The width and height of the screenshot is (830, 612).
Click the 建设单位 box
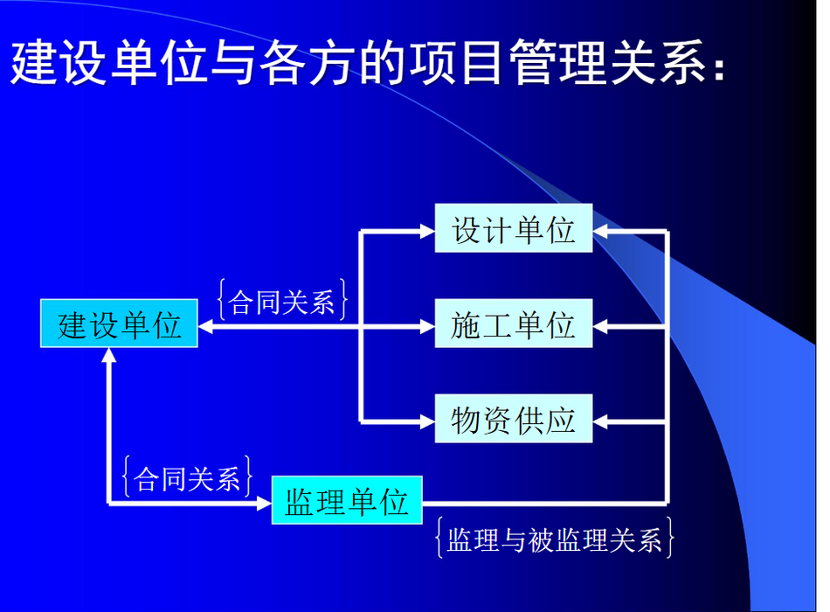tap(119, 323)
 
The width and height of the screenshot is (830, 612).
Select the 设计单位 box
tap(514, 228)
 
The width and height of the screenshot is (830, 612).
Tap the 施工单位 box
tap(514, 323)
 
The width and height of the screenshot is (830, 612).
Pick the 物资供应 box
tap(514, 419)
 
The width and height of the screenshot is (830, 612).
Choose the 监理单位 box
tap(347, 500)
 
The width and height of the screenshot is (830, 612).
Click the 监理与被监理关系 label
tap(554, 539)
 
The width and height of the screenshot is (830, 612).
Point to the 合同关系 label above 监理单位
tap(187, 477)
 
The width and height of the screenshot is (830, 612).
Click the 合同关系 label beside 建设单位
tap(283, 301)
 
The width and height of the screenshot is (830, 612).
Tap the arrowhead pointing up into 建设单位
tap(109, 355)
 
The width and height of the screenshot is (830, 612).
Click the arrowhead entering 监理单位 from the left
tap(264, 503)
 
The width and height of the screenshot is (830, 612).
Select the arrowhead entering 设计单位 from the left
tap(427, 231)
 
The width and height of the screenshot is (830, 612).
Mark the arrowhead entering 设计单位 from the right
tap(600, 231)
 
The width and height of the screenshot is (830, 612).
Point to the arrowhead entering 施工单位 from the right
tap(600, 327)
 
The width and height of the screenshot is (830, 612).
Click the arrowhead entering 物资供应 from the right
tap(600, 421)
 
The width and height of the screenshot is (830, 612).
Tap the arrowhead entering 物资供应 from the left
tap(427, 421)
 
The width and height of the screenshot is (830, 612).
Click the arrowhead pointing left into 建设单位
tap(206, 327)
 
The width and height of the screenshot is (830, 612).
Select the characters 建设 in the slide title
tap(57, 62)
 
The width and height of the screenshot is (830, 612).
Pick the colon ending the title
tap(718, 68)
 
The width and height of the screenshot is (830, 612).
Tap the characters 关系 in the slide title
tap(656, 62)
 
